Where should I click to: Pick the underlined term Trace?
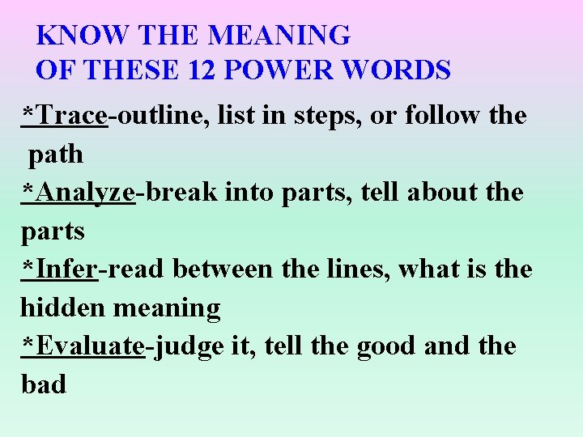pos(71,115)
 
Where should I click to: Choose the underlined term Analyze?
pos(85,192)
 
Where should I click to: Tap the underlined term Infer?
pos(66,269)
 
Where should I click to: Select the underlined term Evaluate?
pos(91,346)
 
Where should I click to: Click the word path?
pos(56,153)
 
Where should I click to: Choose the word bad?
pos(44,384)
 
